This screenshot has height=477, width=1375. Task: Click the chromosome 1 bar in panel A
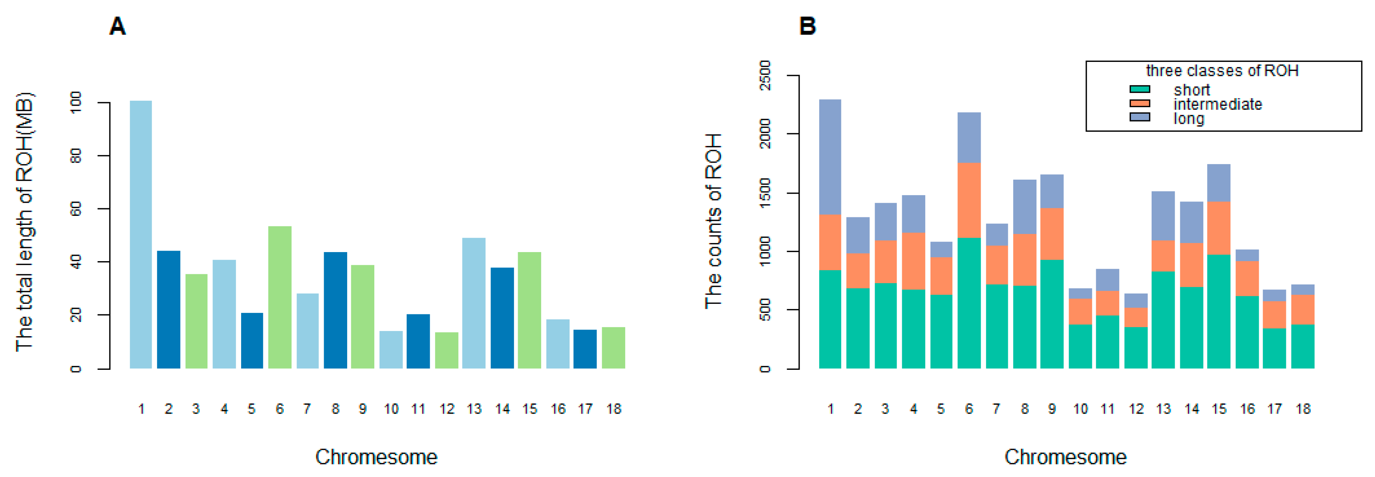pyautogui.click(x=140, y=235)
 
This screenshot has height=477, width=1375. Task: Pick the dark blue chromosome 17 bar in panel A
pyautogui.click(x=585, y=349)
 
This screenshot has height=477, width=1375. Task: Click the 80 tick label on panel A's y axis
pyautogui.click(x=76, y=156)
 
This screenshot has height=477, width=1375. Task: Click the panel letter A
pyautogui.click(x=117, y=26)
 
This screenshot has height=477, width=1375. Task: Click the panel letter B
pyautogui.click(x=807, y=26)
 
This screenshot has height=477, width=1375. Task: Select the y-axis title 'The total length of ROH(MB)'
pyautogui.click(x=25, y=222)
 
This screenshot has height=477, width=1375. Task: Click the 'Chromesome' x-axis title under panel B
pyautogui.click(x=1066, y=457)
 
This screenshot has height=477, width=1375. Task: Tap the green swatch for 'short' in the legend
pyautogui.click(x=1140, y=89)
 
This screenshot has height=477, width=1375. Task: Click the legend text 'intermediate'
pyautogui.click(x=1218, y=104)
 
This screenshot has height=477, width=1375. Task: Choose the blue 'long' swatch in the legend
pyautogui.click(x=1140, y=117)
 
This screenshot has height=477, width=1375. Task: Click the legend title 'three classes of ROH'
pyautogui.click(x=1222, y=71)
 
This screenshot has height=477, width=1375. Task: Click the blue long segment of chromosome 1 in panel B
pyautogui.click(x=830, y=157)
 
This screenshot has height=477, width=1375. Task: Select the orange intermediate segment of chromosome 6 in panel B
pyautogui.click(x=969, y=200)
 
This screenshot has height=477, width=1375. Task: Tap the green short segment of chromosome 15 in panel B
pyautogui.click(x=1219, y=312)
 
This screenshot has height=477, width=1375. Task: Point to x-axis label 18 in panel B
pyautogui.click(x=1303, y=409)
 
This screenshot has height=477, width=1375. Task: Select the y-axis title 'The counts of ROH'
pyautogui.click(x=714, y=222)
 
